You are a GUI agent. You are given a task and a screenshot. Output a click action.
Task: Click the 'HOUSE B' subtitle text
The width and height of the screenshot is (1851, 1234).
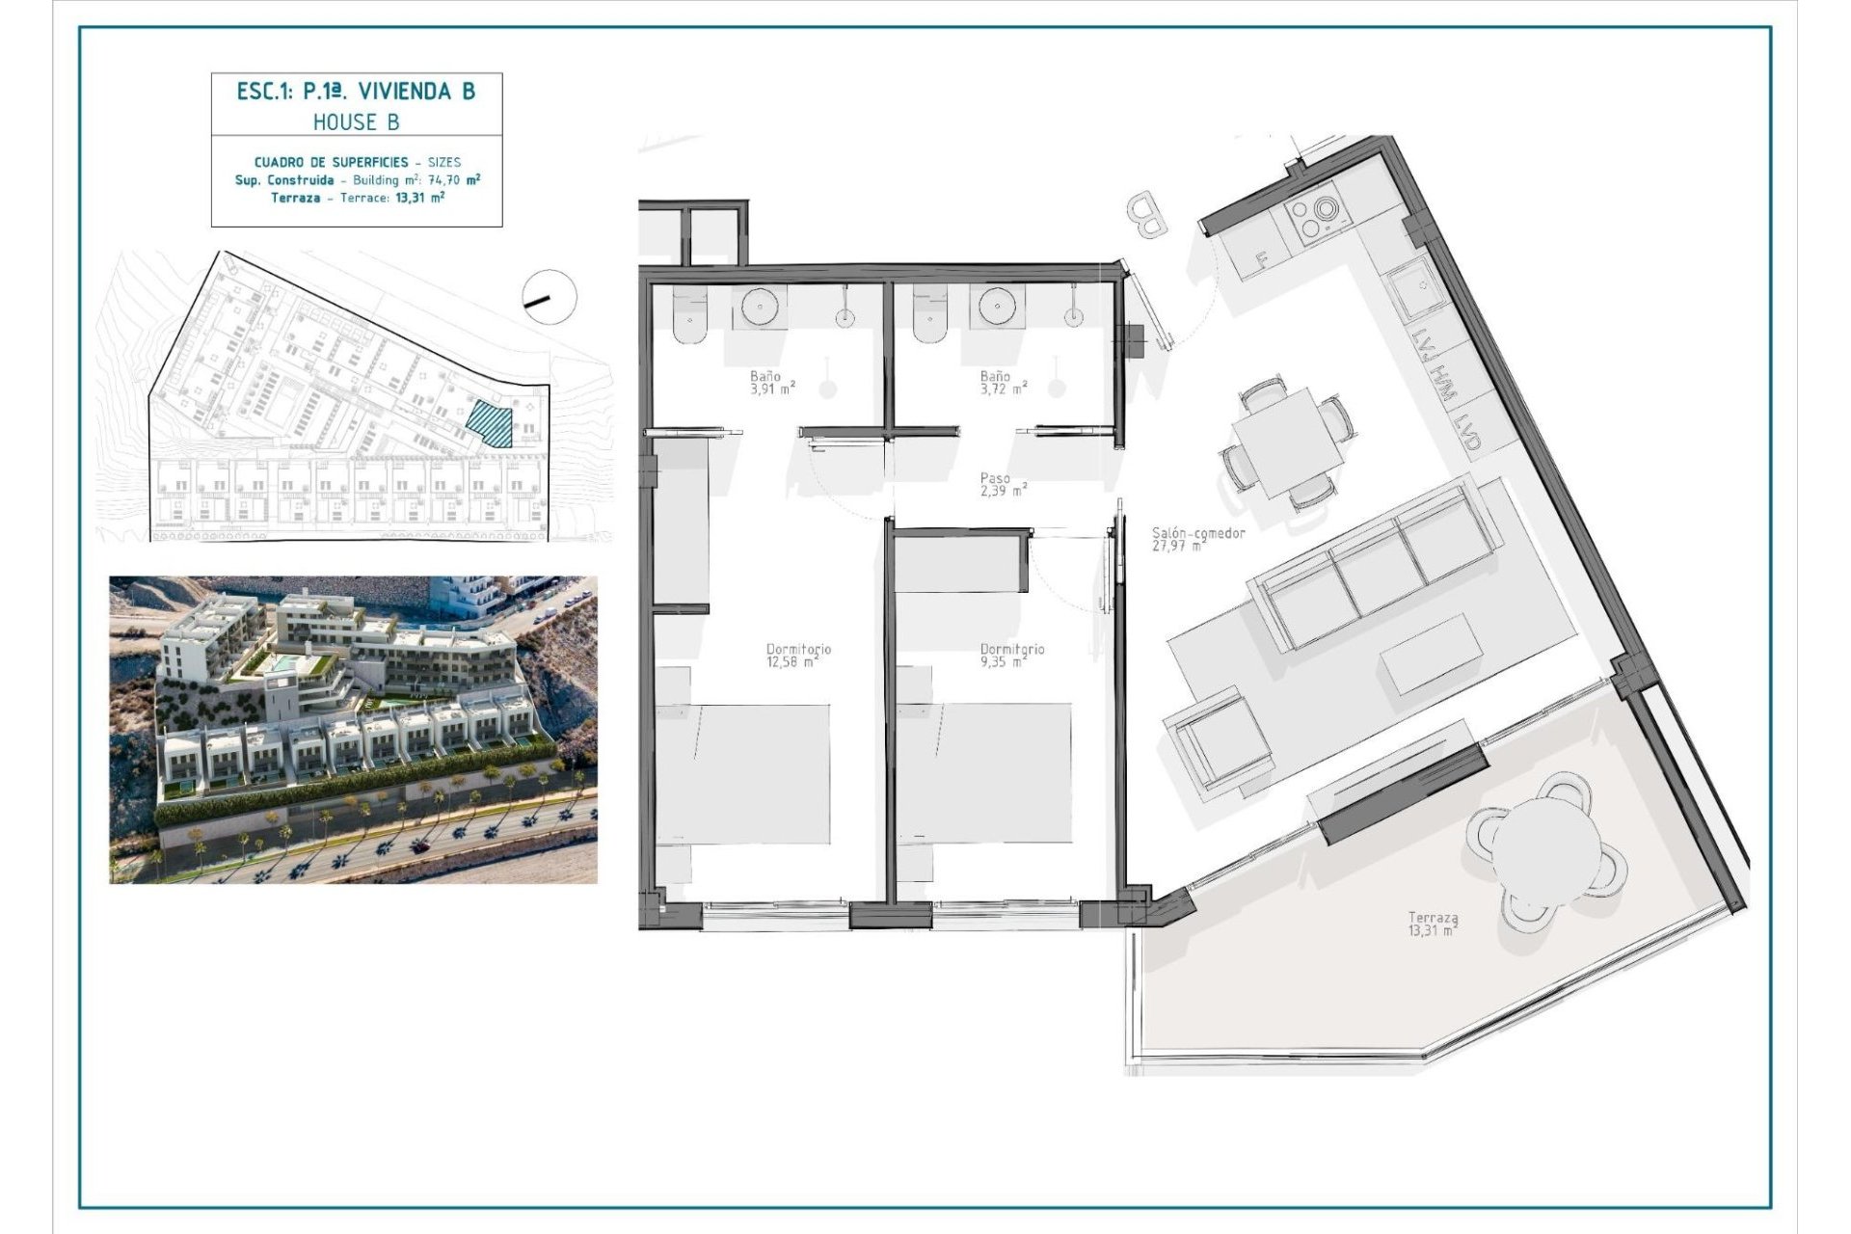[x=356, y=122]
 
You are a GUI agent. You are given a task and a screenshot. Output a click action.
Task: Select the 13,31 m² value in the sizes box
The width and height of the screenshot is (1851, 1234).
[x=424, y=198]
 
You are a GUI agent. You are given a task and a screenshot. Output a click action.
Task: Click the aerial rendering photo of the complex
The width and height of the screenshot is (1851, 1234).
[x=353, y=729]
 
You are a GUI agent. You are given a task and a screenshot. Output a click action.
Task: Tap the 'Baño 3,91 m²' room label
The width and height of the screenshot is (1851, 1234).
[x=771, y=384]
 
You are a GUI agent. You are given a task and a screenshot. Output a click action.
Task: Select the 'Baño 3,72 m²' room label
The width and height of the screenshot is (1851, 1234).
[x=1002, y=384]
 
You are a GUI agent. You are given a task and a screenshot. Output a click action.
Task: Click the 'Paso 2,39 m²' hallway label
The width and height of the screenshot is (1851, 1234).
[x=1002, y=484]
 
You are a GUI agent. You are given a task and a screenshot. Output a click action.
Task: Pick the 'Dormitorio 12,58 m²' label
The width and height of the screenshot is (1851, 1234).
[x=797, y=656]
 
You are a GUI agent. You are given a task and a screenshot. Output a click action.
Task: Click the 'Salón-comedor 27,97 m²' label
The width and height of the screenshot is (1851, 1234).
[x=1196, y=539]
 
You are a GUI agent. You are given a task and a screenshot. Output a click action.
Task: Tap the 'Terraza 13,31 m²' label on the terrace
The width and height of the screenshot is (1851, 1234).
[x=1432, y=925]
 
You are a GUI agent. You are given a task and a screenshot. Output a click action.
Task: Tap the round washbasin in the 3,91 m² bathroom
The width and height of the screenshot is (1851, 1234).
[x=762, y=308]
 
